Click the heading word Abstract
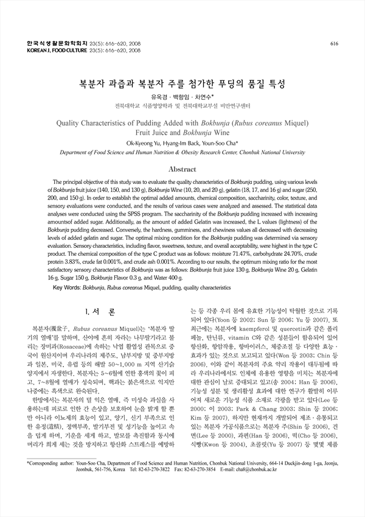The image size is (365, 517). [182, 169]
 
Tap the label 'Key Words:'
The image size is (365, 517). [68, 286]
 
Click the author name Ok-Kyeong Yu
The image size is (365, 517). [143, 143]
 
